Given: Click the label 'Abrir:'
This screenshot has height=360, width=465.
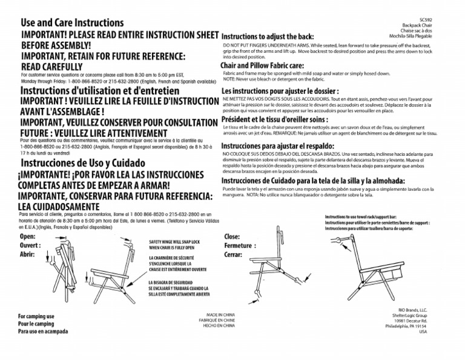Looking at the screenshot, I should point(28,255).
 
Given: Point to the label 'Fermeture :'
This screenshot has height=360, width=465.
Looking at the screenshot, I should point(241,246).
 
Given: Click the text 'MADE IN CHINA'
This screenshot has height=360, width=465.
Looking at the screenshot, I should point(220,315).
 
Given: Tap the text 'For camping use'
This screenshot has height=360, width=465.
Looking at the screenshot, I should point(36,316).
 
